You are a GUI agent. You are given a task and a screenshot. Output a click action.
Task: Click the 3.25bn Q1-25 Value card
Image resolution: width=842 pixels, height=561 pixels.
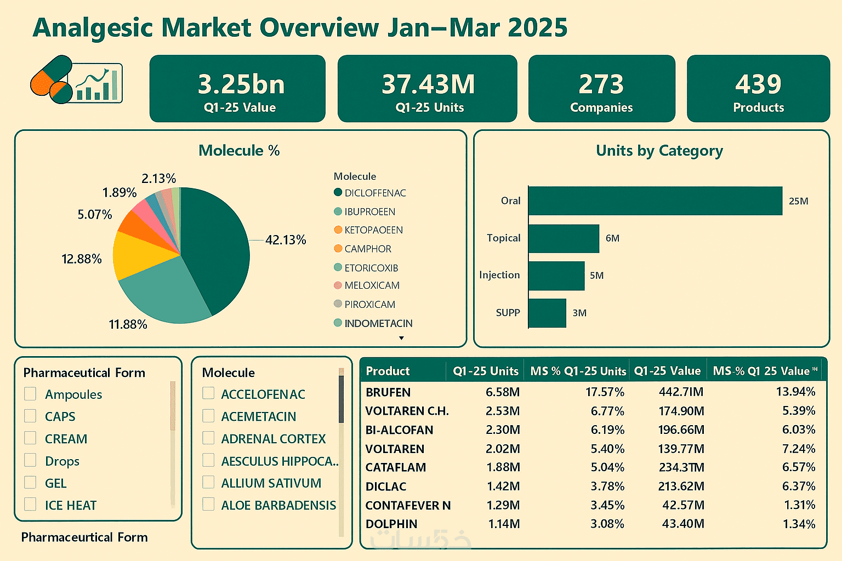(x=237, y=88)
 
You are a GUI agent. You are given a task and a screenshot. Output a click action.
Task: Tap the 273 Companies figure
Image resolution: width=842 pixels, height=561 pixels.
(x=601, y=84)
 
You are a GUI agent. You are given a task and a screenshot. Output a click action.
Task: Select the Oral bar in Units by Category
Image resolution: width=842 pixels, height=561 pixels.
(x=655, y=201)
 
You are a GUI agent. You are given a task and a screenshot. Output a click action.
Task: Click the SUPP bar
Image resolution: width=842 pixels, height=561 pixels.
(x=547, y=313)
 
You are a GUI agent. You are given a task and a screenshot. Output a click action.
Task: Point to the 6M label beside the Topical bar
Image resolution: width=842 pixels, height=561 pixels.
(x=612, y=238)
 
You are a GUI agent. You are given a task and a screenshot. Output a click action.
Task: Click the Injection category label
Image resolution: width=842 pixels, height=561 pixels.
(x=499, y=275)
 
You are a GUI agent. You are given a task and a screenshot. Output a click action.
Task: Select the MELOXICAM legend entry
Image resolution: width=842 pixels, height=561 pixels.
(x=372, y=285)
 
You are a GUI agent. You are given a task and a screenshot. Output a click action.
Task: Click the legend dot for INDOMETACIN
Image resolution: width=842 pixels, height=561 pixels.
(x=338, y=323)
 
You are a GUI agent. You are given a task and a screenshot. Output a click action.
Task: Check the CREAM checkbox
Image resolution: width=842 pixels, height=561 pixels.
(x=30, y=438)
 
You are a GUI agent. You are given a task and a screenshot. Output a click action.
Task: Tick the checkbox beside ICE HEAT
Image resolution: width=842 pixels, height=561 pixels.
(x=30, y=505)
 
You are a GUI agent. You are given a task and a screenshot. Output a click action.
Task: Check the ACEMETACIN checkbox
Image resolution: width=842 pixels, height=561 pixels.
(x=208, y=416)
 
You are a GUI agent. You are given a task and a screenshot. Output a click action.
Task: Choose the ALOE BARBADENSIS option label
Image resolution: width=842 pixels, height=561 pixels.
(x=278, y=505)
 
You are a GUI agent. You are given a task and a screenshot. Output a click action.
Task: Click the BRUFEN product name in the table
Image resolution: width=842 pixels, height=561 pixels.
(x=388, y=392)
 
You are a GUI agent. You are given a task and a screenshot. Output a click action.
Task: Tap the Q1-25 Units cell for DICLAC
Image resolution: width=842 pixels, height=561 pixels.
(x=503, y=486)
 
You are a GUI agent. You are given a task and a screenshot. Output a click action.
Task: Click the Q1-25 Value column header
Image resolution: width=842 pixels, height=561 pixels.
(x=667, y=371)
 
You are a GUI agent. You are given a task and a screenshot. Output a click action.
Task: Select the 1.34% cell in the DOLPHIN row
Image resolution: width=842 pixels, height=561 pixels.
(x=799, y=524)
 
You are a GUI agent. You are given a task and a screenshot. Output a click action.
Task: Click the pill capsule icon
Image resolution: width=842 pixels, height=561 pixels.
(x=51, y=79)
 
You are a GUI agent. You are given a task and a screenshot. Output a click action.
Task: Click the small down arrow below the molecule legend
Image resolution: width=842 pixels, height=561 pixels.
(x=401, y=338)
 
